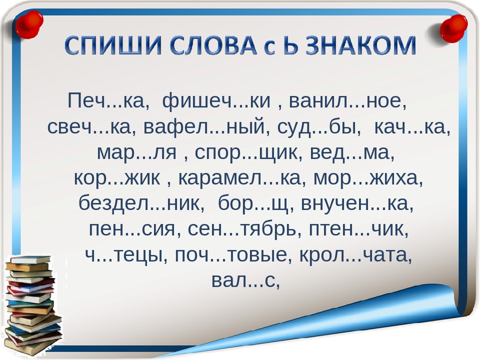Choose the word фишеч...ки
click(216, 100)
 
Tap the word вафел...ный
click(204, 126)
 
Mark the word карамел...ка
click(239, 178)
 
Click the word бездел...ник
click(139, 203)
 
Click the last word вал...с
click(243, 280)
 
